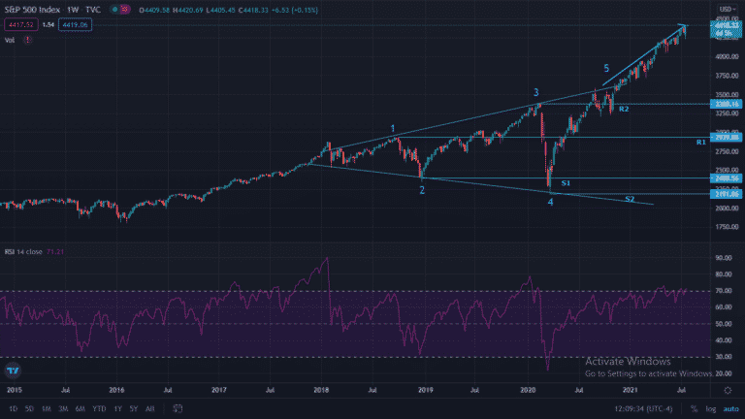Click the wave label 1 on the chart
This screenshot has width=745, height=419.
(x=392, y=128)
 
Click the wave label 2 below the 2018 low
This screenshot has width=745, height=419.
(x=422, y=190)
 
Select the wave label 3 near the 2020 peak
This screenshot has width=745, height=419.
(x=535, y=93)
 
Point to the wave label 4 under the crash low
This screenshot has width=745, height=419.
(x=550, y=201)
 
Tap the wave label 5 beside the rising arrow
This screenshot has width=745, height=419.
(x=606, y=68)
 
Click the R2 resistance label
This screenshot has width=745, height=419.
(x=625, y=109)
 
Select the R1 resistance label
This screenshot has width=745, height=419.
(x=700, y=143)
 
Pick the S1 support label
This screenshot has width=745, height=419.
(x=566, y=182)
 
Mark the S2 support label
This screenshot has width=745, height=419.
(x=630, y=199)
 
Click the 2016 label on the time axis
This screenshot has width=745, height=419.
(x=117, y=389)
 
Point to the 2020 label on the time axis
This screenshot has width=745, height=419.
(x=528, y=389)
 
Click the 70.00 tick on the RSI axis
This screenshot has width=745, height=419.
(x=723, y=291)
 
